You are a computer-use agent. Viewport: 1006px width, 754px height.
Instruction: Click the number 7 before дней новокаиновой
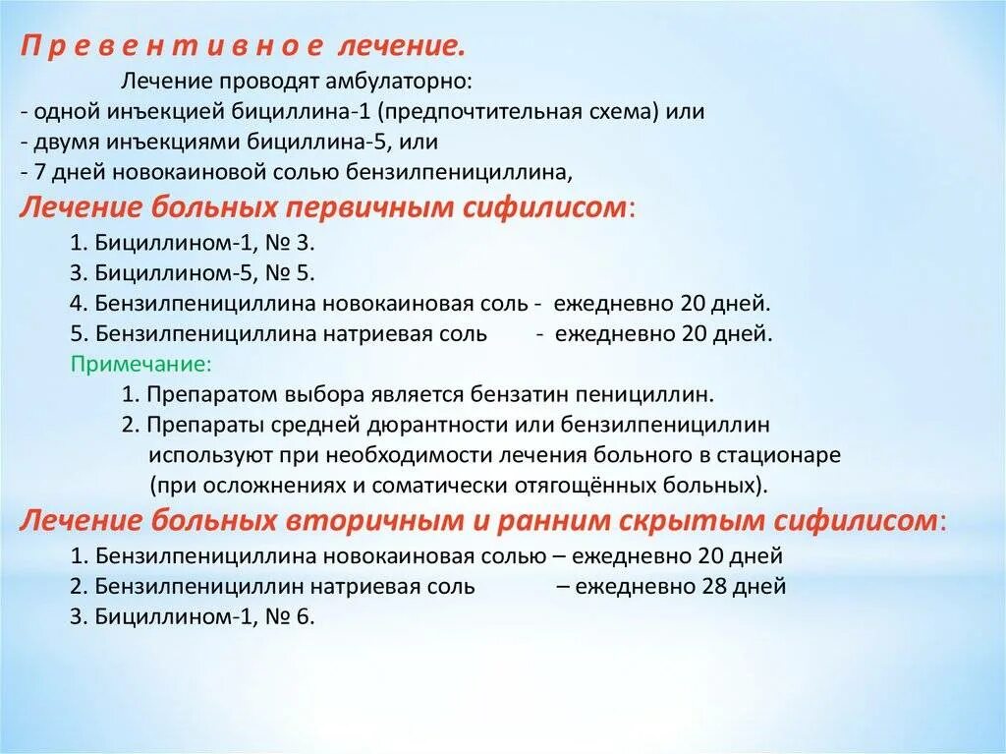tap(37, 172)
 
